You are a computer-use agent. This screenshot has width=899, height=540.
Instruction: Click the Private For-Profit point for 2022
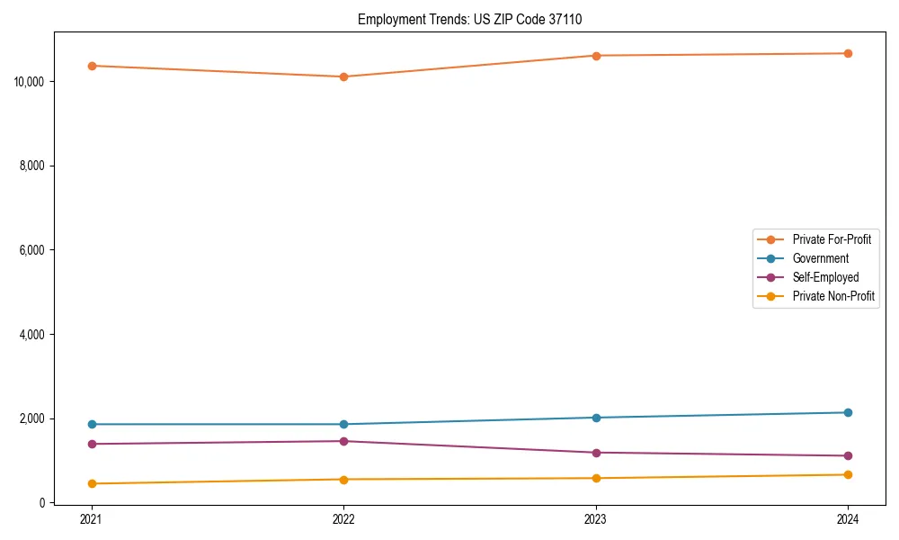pyautogui.click(x=343, y=76)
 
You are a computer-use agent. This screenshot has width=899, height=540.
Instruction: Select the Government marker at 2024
pyautogui.click(x=848, y=412)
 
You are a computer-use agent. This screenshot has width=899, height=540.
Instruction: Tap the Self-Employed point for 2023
pyautogui.click(x=596, y=453)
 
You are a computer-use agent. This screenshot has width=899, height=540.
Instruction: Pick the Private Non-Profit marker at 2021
pyautogui.click(x=92, y=483)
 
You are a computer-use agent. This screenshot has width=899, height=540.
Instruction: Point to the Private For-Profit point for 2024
pyautogui.click(x=848, y=53)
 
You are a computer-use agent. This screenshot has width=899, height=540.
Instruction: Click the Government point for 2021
pyautogui.click(x=92, y=424)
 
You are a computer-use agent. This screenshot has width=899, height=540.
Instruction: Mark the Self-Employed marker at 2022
pyautogui.click(x=343, y=441)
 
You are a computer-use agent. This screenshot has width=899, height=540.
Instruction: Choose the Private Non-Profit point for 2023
pyautogui.click(x=596, y=478)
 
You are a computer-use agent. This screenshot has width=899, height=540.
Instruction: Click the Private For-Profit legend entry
pyautogui.click(x=832, y=239)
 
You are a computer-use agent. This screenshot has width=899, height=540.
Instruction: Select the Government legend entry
pyautogui.click(x=820, y=258)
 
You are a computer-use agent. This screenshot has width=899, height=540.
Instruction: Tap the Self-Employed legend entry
pyautogui.click(x=825, y=277)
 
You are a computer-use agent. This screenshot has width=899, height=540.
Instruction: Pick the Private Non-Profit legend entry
pyautogui.click(x=833, y=296)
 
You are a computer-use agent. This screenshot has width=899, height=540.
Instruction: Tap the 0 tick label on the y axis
pyautogui.click(x=42, y=503)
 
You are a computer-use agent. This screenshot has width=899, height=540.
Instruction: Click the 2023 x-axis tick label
pyautogui.click(x=596, y=518)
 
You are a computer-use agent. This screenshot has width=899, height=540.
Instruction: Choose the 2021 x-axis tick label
pyautogui.click(x=92, y=518)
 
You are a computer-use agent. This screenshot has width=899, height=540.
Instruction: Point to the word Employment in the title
pyautogui.click(x=386, y=19)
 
